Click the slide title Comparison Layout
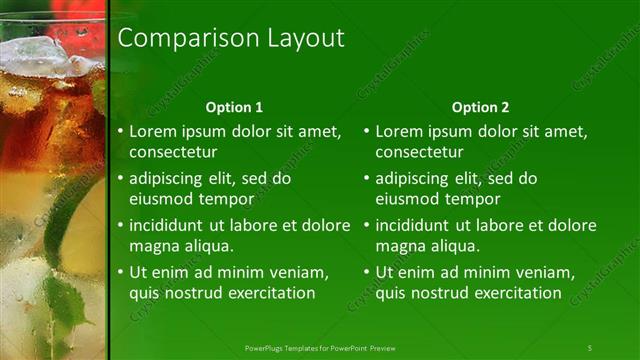231,38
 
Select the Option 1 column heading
234,107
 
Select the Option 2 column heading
480,107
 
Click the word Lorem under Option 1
152,132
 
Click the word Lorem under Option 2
398,132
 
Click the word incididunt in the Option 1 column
169,226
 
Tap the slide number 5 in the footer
590,347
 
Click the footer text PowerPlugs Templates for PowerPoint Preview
320,347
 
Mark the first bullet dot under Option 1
120,132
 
